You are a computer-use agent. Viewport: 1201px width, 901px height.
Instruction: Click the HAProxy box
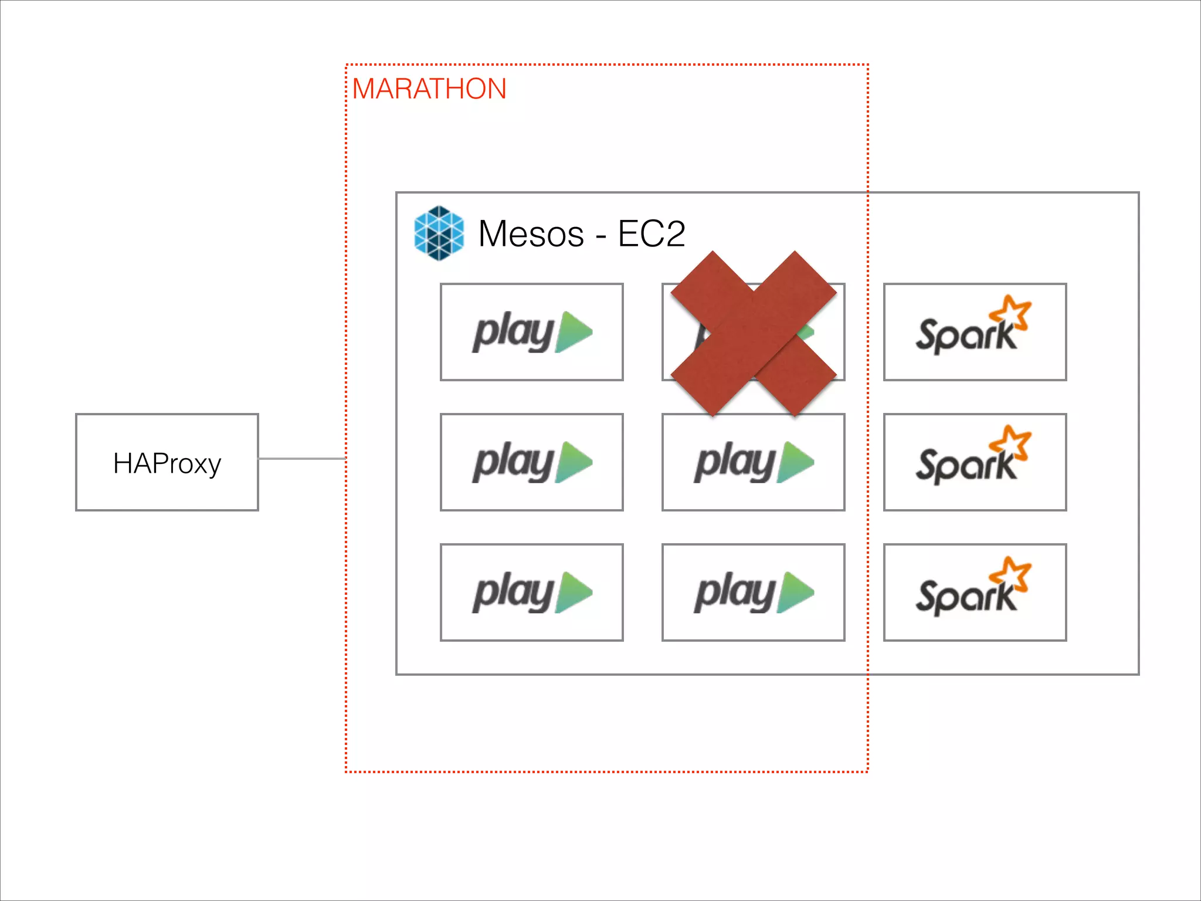[167, 462]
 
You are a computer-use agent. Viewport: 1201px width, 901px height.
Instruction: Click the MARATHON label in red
[429, 89]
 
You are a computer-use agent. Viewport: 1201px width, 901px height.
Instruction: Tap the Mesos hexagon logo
[439, 233]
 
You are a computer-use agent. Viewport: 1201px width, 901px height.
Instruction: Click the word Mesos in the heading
[531, 234]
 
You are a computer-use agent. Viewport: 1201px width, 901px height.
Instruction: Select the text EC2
[652, 234]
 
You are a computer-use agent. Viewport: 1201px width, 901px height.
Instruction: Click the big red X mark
[754, 334]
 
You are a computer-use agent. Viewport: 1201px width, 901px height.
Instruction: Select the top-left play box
[531, 332]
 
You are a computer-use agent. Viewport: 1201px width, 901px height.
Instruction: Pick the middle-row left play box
[531, 462]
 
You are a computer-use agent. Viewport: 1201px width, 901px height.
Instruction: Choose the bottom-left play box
[531, 592]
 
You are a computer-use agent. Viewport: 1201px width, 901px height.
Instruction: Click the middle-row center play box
[753, 462]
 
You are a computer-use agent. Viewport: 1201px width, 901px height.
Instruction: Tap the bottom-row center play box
[753, 592]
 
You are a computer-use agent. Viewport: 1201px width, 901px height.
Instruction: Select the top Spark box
[975, 332]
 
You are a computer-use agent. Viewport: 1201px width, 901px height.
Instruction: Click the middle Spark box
[975, 462]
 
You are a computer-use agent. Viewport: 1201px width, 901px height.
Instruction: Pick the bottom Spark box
[975, 592]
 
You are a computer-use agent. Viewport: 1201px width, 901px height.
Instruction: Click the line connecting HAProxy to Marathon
[302, 459]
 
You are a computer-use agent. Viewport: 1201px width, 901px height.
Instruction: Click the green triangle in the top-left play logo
[574, 332]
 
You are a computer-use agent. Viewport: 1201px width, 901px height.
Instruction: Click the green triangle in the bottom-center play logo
[795, 592]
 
